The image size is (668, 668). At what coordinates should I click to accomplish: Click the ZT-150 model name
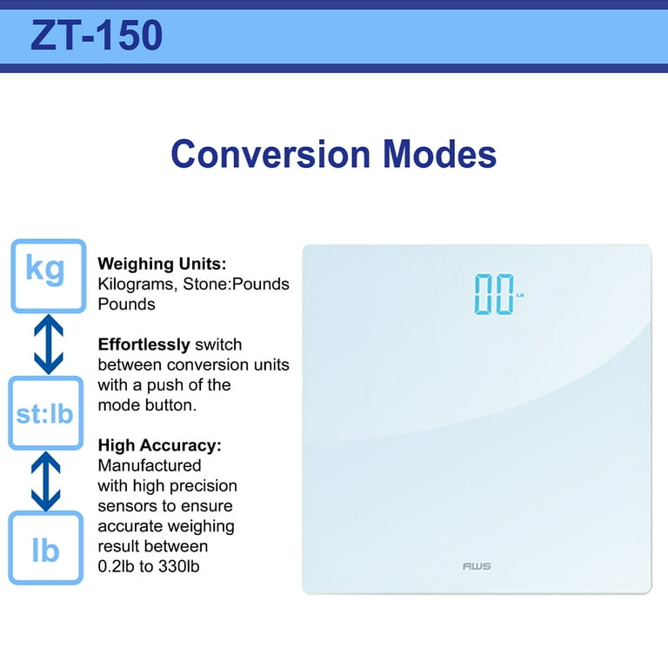[x=97, y=36]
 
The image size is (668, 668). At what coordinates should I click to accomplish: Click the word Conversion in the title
[x=271, y=154]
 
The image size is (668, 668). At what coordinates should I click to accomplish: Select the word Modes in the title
[x=439, y=154]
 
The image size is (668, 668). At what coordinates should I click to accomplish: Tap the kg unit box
[x=49, y=276]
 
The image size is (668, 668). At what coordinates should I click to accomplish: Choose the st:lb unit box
[x=46, y=413]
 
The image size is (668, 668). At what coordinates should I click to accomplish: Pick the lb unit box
[x=46, y=548]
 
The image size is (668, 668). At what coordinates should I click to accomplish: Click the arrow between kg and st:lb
[x=49, y=344]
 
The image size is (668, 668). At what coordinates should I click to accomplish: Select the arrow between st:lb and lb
[x=45, y=481]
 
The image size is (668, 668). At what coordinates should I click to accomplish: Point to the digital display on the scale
[x=498, y=294]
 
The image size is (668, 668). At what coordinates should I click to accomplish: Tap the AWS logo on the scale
[x=477, y=566]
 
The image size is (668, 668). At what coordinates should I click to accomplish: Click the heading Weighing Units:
[x=162, y=264]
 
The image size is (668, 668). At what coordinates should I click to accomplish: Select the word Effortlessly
[x=144, y=344]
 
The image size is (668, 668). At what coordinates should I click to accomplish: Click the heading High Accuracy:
[x=160, y=445]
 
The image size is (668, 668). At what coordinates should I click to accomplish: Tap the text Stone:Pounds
[x=236, y=284]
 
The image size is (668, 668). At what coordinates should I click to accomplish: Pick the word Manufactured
[x=150, y=465]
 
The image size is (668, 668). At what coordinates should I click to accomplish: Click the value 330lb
[x=179, y=566]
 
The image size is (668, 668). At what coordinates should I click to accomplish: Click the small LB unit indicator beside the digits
[x=520, y=295]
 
